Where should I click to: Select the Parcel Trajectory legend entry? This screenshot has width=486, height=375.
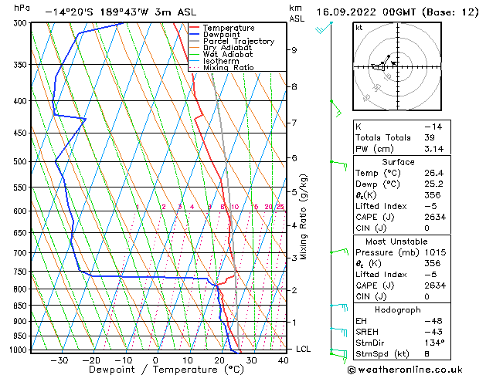(x=233, y=41)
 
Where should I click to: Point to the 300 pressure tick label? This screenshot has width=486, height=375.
(x=21, y=23)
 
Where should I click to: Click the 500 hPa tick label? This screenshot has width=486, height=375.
(x=21, y=162)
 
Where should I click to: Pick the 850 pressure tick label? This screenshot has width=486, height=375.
(x=21, y=306)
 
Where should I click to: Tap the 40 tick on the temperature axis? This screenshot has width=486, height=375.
(x=284, y=360)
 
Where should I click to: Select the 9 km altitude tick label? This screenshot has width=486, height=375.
(x=294, y=50)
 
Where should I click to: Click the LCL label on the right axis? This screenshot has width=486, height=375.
(x=304, y=349)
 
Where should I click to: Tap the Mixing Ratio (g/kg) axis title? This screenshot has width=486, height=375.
(x=304, y=217)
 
